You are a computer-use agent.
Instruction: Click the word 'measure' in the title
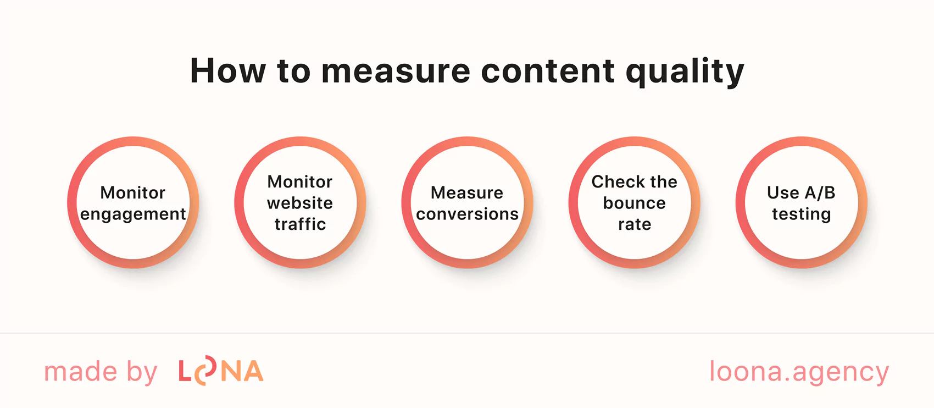pyautogui.click(x=396, y=71)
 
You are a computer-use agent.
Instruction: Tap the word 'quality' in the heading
pyautogui.click(x=685, y=73)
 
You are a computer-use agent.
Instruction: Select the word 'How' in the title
pyautogui.click(x=227, y=71)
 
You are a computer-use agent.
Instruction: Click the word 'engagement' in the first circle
pyautogui.click(x=133, y=214)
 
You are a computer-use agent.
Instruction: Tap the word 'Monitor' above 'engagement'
pyautogui.click(x=133, y=193)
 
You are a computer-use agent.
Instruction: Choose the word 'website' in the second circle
pyautogui.click(x=300, y=203)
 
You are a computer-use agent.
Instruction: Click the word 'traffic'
pyautogui.click(x=300, y=224)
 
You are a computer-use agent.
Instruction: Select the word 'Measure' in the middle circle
pyautogui.click(x=467, y=193)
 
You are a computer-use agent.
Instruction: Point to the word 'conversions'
pyautogui.click(x=467, y=214)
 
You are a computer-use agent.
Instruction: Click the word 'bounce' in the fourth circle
pyautogui.click(x=635, y=203)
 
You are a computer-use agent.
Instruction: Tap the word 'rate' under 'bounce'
pyautogui.click(x=635, y=224)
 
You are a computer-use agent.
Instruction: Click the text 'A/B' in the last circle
pyautogui.click(x=820, y=193)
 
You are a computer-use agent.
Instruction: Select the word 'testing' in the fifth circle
pyautogui.click(x=802, y=214)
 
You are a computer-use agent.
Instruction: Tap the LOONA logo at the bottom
pyautogui.click(x=221, y=372)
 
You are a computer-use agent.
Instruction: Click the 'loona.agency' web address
pyautogui.click(x=799, y=372)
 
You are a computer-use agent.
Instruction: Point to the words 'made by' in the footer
pyautogui.click(x=101, y=372)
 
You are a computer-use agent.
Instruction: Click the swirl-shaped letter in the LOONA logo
pyautogui.click(x=206, y=371)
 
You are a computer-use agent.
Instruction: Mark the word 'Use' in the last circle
pyautogui.click(x=783, y=193)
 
